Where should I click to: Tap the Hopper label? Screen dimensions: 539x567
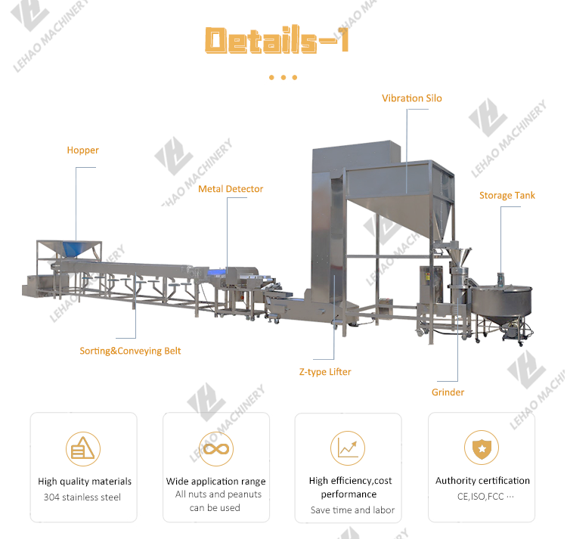82,150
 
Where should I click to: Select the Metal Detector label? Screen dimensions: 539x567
231,189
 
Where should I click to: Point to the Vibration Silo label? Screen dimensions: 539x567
411,98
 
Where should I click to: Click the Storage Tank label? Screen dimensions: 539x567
507,196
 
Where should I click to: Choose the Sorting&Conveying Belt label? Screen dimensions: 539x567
130,351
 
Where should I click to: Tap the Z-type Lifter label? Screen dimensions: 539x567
325,372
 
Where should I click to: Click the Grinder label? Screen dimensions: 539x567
448,392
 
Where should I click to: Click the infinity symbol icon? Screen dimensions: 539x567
216,448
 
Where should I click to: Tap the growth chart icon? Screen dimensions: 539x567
349,448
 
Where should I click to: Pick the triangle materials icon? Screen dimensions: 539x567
83,448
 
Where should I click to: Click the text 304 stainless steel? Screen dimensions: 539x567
82,497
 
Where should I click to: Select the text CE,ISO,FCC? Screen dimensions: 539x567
485,497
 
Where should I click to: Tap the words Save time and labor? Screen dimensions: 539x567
352,510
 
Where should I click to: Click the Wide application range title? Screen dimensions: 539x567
216,482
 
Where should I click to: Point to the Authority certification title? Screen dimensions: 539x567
482,481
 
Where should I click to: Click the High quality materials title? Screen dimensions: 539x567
85,482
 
